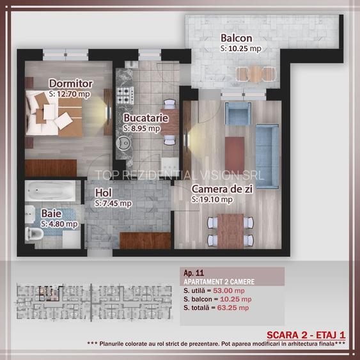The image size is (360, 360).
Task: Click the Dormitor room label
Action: pyautogui.click(x=71, y=84)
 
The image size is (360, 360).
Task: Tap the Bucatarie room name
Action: pyautogui.click(x=146, y=118)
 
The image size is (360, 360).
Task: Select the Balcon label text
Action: pyautogui.click(x=236, y=38)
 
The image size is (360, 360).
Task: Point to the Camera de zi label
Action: pyautogui.click(x=222, y=189)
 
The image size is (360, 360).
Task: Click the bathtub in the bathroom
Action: pyautogui.click(x=50, y=191)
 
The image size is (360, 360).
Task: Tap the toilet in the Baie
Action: pyautogui.click(x=34, y=234)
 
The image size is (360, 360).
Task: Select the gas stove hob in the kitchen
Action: pyautogui.click(x=125, y=95)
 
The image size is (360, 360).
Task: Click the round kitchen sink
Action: pyautogui.click(x=124, y=143)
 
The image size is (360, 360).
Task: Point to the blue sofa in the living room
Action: pyautogui.click(x=267, y=157)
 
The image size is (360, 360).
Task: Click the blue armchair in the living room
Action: pyautogui.click(x=238, y=114)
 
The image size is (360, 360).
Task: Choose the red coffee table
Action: pyautogui.click(x=235, y=152)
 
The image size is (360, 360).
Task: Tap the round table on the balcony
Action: pyautogui.click(x=255, y=74)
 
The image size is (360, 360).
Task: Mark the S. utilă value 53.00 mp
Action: pyautogui.click(x=229, y=290)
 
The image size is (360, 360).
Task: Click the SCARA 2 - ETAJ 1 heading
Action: pyautogui.click(x=306, y=335)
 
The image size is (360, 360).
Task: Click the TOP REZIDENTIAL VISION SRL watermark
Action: pyautogui.click(x=179, y=175)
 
